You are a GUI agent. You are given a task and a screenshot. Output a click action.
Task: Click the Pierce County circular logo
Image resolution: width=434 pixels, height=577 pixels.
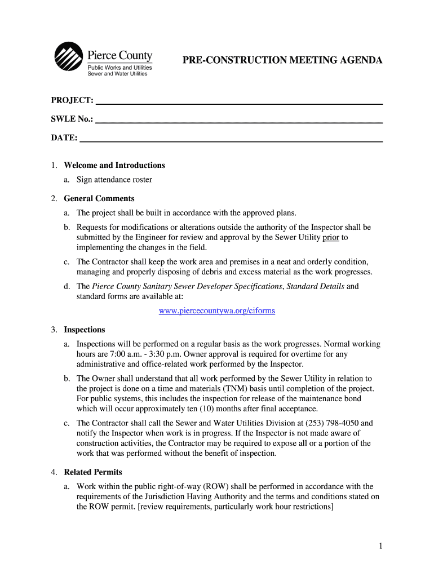coord(68,57)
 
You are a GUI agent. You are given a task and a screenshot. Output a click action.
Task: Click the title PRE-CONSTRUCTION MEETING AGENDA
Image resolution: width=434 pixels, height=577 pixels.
coord(282,60)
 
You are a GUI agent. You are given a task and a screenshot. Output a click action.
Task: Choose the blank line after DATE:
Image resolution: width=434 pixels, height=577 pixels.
coord(231,138)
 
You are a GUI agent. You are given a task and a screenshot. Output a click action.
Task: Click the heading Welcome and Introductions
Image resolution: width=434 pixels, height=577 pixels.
coord(114,166)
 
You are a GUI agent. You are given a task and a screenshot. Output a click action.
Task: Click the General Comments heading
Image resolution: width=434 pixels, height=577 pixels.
coord(99,199)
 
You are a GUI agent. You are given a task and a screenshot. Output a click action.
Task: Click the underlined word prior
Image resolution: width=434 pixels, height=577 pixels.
coord(331,237)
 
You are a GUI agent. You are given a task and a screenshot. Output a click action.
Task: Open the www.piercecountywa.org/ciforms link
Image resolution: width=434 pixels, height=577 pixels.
coord(217,311)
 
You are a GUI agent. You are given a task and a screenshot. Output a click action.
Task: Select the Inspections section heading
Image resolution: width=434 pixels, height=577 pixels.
coord(85,330)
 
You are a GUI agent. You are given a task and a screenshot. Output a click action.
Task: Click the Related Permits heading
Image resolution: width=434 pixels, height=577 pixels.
coord(93,472)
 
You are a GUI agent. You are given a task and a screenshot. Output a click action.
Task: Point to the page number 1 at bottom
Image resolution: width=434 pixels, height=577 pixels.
coord(381,546)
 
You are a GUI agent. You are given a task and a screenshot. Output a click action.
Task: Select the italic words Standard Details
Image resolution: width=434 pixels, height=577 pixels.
coord(316,286)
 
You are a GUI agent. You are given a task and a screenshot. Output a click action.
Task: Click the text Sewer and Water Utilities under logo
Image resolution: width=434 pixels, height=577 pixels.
coord(117,74)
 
